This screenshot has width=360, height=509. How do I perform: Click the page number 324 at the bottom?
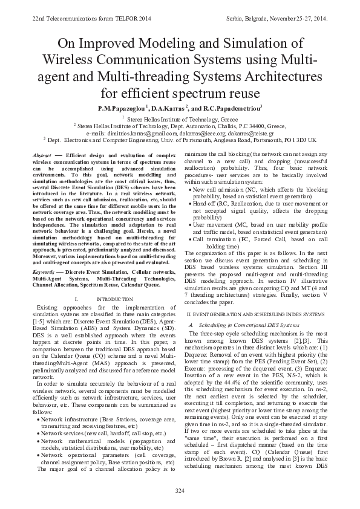pos(180,489)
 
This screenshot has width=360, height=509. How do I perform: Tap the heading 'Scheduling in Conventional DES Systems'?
pos(237,325)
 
